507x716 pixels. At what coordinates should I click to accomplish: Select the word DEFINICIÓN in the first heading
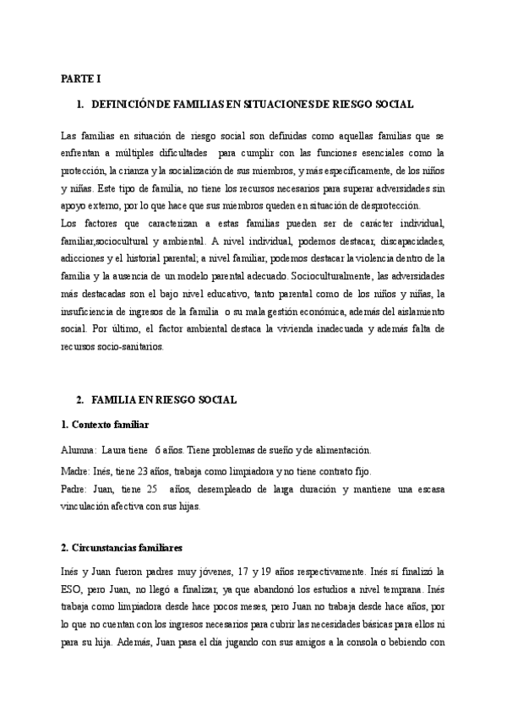117,104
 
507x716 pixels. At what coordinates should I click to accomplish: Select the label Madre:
77,471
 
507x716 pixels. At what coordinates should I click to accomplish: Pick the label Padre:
76,489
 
